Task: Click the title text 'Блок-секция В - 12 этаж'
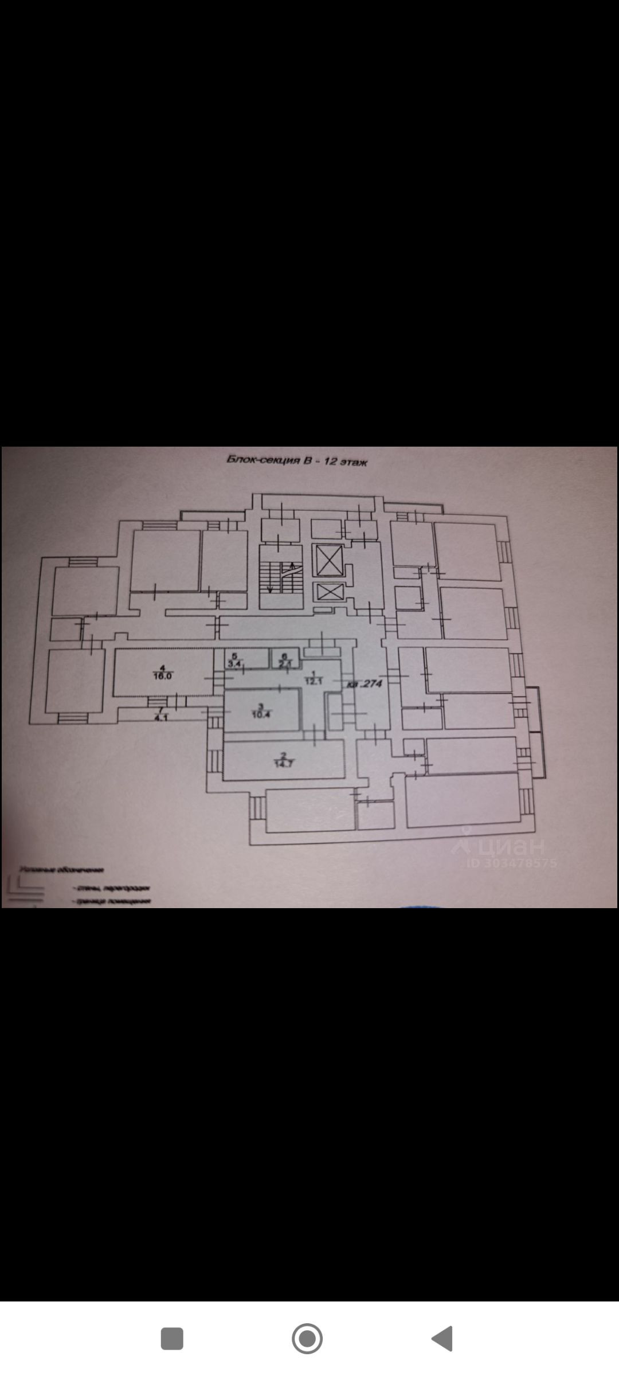pos(297,461)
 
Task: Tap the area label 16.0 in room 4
pos(163,676)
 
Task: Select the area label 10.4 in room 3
pos(260,714)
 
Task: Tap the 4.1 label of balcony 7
pos(160,717)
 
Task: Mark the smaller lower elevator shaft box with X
pos(327,591)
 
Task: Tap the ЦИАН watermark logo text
pos(504,845)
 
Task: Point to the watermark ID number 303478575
pos(512,863)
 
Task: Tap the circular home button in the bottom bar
pos(307,1338)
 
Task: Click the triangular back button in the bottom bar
pos(442,1338)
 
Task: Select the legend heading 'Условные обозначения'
pos(62,870)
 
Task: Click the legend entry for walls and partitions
pos(112,888)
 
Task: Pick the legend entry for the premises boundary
pos(112,901)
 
